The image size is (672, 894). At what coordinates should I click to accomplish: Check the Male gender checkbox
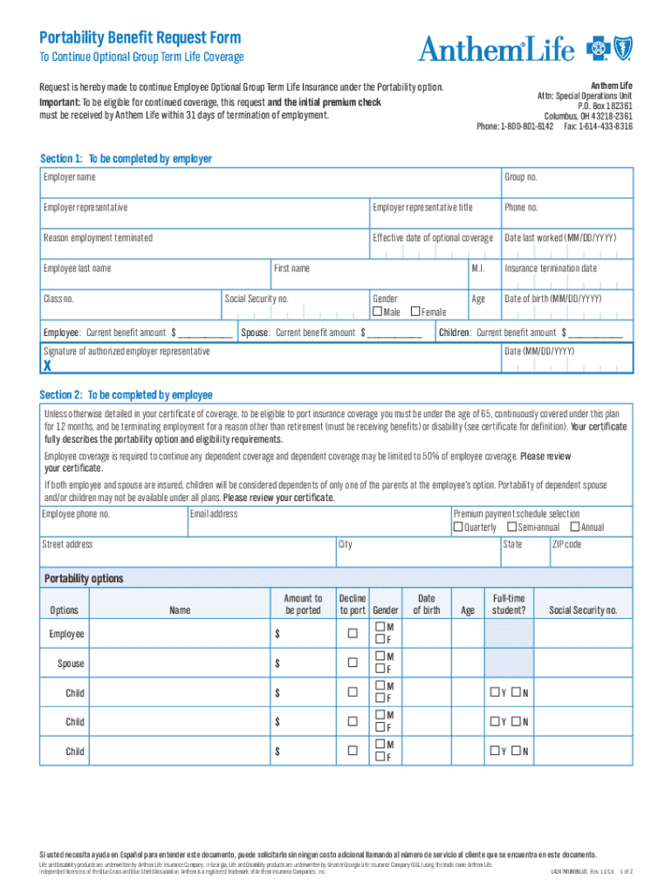[377, 312]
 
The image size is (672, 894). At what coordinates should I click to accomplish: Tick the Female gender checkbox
[415, 312]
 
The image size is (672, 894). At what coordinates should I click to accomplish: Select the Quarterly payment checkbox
[457, 527]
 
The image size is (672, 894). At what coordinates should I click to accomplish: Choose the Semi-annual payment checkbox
[511, 527]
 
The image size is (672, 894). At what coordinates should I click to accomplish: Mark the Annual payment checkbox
[574, 527]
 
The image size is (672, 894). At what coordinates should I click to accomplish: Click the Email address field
[318, 520]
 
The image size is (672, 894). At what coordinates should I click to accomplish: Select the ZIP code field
[590, 551]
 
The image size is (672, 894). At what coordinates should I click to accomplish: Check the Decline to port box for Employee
[353, 634]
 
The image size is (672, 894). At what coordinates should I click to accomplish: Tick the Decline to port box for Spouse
[353, 663]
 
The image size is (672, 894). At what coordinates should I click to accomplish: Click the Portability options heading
[84, 579]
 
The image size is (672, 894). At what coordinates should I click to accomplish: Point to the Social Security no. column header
[583, 610]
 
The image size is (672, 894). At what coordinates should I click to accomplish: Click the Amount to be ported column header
[303, 604]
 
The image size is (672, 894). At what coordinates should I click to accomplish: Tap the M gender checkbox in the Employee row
[380, 628]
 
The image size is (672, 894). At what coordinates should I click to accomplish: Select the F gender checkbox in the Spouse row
[380, 670]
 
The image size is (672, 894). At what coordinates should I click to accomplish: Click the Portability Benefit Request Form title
[140, 38]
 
